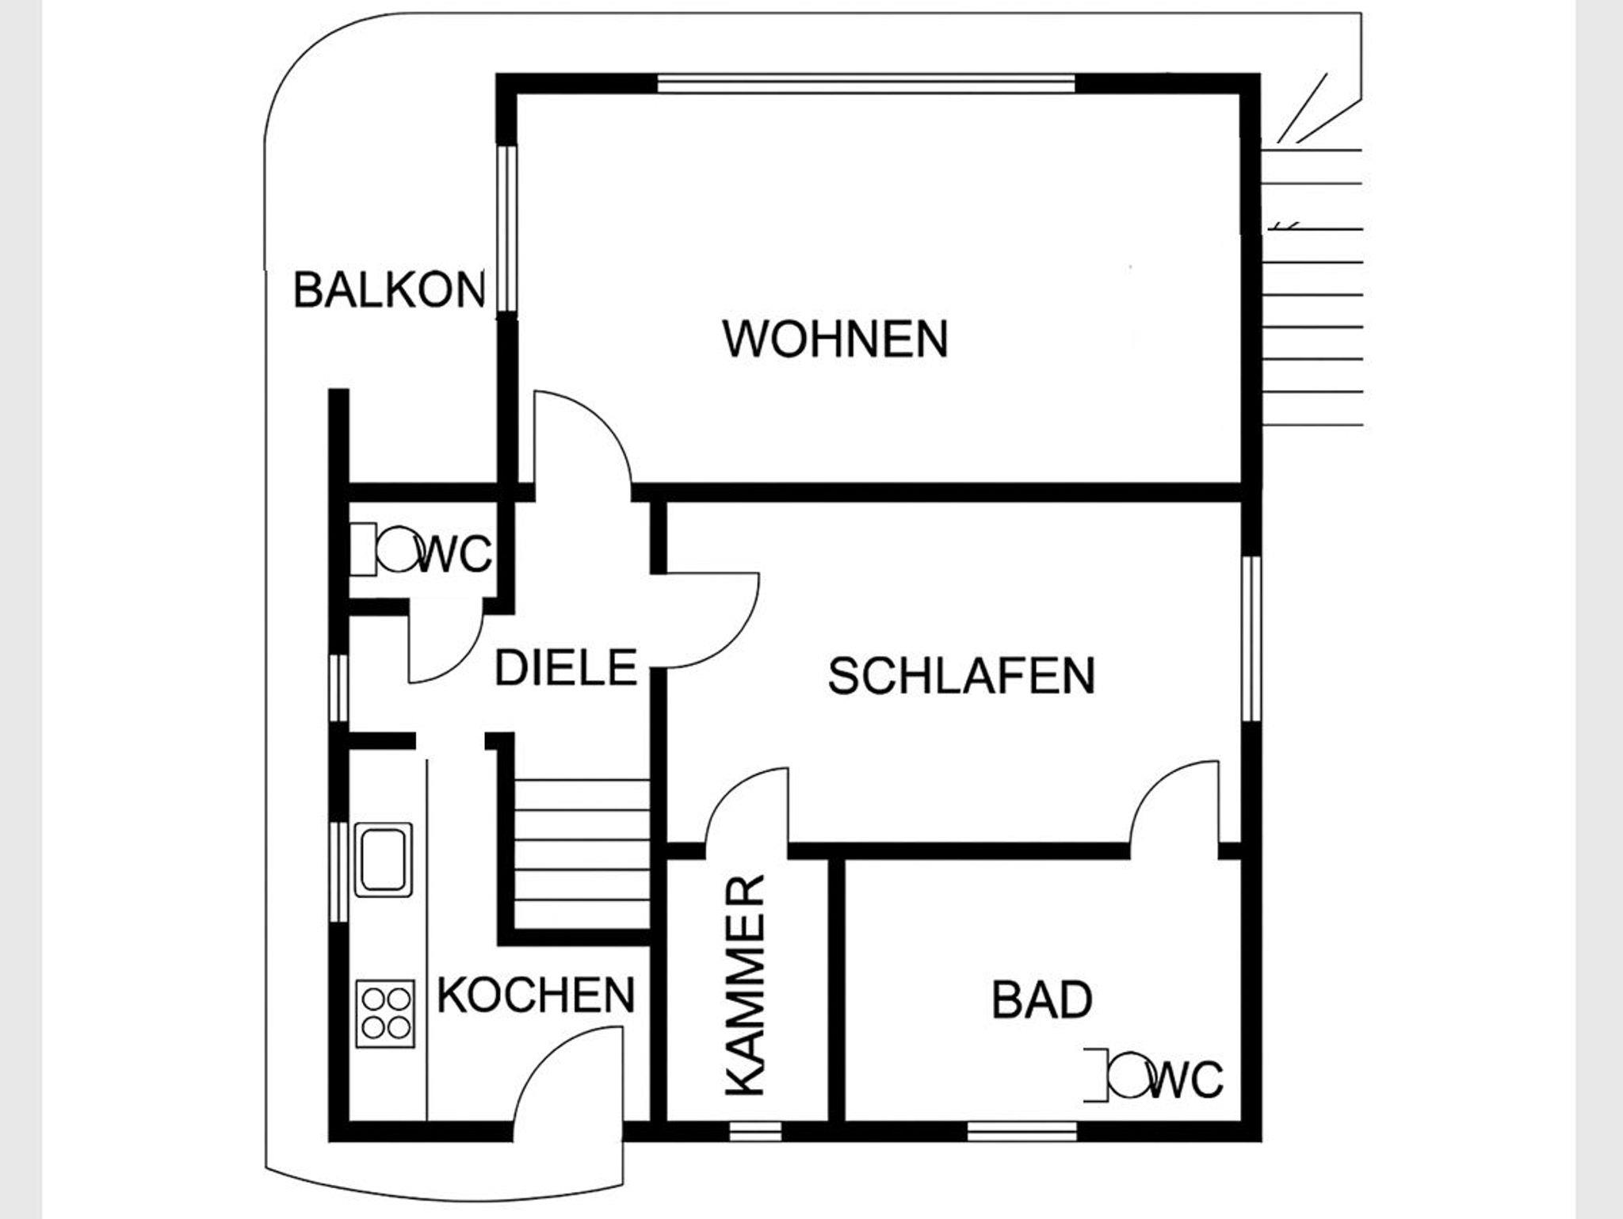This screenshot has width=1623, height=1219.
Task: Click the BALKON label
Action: pyautogui.click(x=389, y=289)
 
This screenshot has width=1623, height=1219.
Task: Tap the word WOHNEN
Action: pyautogui.click(x=835, y=338)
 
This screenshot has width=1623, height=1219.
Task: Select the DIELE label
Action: pyautogui.click(x=566, y=667)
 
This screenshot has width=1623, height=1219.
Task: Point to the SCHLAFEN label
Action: pyautogui.click(x=961, y=675)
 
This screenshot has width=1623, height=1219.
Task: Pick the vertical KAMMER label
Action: pyautogui.click(x=746, y=985)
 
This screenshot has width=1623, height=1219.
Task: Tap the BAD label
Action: pyautogui.click(x=1042, y=999)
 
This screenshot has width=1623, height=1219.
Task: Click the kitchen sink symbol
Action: pyautogui.click(x=384, y=859)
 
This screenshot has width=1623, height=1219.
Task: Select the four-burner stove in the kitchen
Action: pyautogui.click(x=385, y=1014)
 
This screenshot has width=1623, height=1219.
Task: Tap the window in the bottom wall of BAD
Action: pyautogui.click(x=1022, y=1130)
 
